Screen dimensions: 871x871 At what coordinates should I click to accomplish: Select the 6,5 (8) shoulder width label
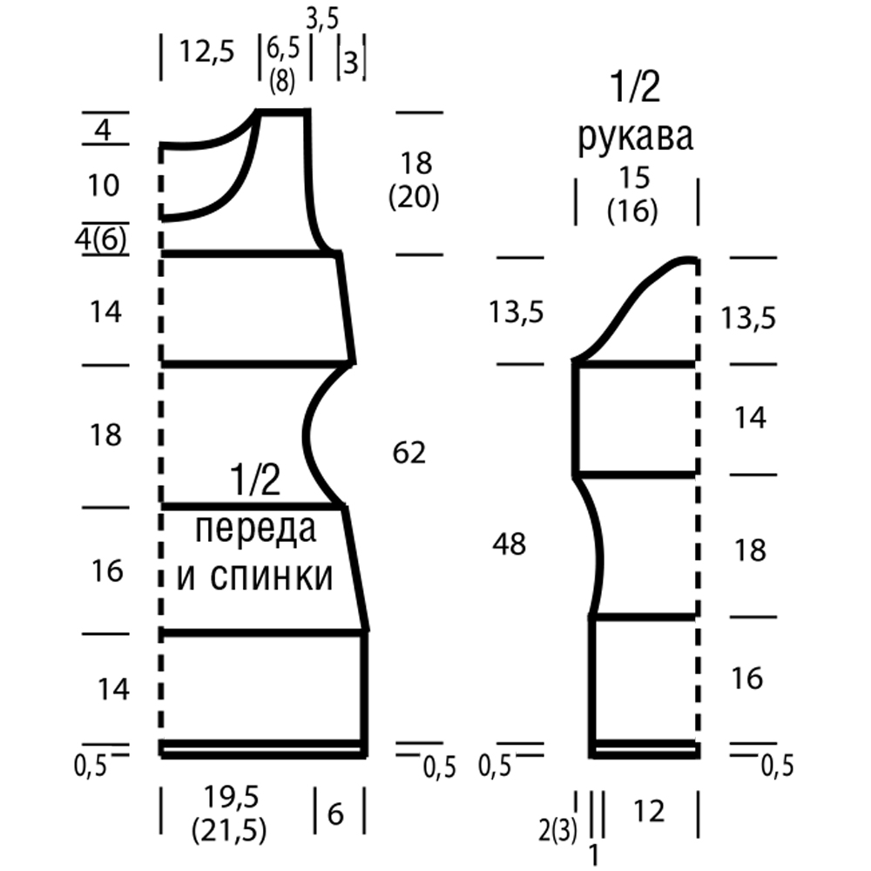tap(283, 65)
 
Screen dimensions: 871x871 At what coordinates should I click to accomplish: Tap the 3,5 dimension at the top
tap(322, 20)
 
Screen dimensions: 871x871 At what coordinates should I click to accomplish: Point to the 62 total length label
tap(408, 453)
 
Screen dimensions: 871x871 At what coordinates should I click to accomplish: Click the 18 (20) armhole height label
tap(415, 180)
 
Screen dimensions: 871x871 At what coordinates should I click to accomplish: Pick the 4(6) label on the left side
tap(100, 240)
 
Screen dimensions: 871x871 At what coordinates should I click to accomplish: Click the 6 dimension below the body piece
tap(335, 814)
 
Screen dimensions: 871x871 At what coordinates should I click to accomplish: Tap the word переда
tap(256, 530)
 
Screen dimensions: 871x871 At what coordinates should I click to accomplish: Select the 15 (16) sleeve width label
tap(633, 194)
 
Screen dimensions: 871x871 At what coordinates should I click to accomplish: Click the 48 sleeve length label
tap(509, 544)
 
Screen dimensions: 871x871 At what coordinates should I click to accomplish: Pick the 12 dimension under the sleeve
tap(649, 812)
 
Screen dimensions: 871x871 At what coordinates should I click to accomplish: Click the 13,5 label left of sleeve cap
tap(516, 312)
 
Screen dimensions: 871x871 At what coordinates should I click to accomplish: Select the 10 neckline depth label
tap(104, 185)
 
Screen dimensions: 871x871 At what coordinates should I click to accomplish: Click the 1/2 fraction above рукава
tap(636, 86)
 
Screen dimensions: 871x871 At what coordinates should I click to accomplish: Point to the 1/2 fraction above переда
tap(255, 481)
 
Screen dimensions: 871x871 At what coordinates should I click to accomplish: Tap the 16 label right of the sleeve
tap(747, 679)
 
